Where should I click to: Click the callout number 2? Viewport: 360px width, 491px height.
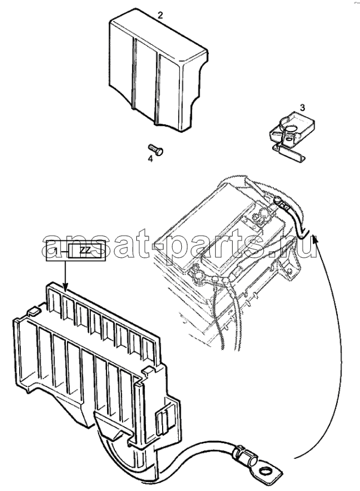tap(160, 16)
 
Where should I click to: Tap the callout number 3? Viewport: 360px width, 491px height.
tap(302, 108)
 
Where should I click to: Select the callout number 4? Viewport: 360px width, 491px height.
tap(151, 159)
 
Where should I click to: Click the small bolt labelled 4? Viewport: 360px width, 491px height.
tap(155, 150)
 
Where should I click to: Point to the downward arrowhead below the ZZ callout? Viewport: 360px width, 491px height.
tap(65, 286)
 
